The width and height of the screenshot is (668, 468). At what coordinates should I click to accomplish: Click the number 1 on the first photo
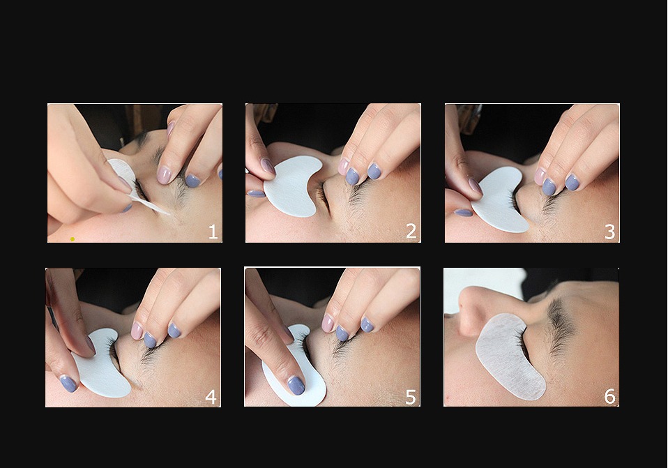click(x=213, y=232)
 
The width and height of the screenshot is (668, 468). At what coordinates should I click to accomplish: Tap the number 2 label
click(x=411, y=232)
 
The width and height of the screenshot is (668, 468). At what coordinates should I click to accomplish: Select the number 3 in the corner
click(x=610, y=232)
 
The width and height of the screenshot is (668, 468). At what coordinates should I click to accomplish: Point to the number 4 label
click(x=211, y=398)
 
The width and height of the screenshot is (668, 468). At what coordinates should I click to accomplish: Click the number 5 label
click(x=411, y=398)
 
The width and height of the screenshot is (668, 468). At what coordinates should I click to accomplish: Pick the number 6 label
click(x=609, y=397)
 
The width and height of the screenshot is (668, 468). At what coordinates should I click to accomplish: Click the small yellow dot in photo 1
click(x=73, y=239)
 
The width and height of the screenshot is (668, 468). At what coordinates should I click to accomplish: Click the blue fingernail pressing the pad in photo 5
click(x=296, y=385)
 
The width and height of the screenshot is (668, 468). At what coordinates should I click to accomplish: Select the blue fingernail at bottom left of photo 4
click(x=68, y=383)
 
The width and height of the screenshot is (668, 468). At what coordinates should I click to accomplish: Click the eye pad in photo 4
click(x=105, y=366)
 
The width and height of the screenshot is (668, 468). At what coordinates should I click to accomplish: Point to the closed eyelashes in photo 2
click(x=323, y=197)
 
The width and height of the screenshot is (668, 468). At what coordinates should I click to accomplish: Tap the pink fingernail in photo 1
click(x=164, y=174)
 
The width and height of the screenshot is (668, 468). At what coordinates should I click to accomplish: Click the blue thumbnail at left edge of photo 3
click(x=463, y=212)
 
